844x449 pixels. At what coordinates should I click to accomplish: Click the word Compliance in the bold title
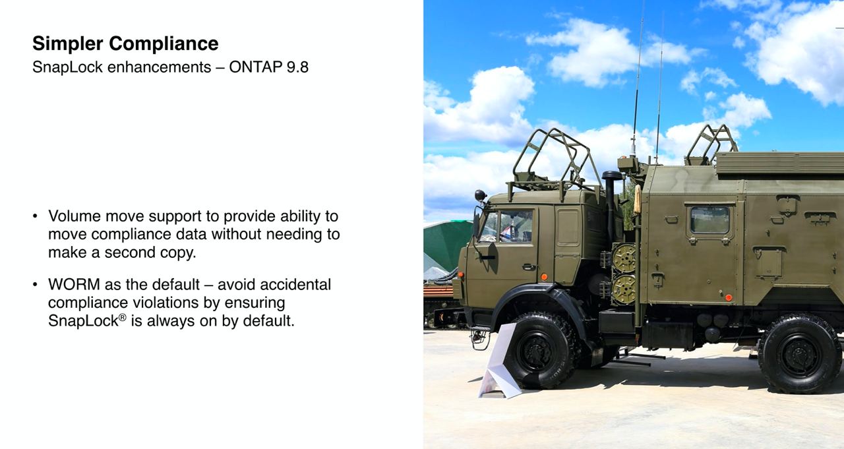(x=164, y=44)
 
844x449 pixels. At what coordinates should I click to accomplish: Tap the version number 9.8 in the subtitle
(x=297, y=67)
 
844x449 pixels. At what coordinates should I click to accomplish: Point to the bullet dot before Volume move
(x=35, y=216)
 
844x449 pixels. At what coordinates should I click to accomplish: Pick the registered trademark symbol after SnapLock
(x=123, y=317)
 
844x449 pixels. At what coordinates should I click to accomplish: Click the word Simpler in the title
(x=67, y=44)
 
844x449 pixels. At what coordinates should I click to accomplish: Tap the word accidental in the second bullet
(x=295, y=284)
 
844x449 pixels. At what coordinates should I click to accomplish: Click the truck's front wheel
(x=539, y=351)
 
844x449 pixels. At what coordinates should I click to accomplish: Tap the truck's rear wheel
(x=800, y=354)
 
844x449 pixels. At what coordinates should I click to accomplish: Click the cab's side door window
(x=515, y=226)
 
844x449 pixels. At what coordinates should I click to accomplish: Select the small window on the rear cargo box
(x=709, y=220)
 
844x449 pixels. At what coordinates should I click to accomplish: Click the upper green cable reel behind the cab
(x=624, y=258)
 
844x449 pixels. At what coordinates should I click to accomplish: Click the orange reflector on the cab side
(x=544, y=277)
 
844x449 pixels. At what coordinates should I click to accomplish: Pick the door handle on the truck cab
(x=529, y=267)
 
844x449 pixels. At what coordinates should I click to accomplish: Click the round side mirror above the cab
(x=480, y=195)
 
